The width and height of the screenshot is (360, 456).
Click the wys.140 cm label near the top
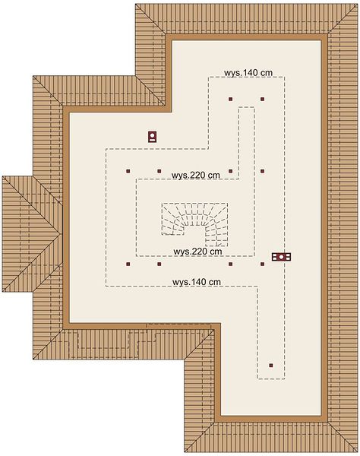pos(248,72)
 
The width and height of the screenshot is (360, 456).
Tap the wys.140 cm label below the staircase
pos(197,282)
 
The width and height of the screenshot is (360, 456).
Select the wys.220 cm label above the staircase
pos(195,176)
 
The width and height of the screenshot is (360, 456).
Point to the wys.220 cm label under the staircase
pos(197,252)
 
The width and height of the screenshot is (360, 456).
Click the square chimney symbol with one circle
pos(152,136)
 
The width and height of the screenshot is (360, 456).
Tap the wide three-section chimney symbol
pos(281,257)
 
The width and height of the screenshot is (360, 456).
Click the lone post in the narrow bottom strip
pos(271,366)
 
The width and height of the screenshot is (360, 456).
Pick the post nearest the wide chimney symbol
pos(262,264)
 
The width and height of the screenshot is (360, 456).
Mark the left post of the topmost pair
pos(230,99)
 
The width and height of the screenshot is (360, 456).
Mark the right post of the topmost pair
pos(262,99)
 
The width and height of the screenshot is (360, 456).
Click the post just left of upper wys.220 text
pos(159,171)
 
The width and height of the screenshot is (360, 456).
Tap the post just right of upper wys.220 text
pos(230,171)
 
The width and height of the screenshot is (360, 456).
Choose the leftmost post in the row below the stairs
pos(128,264)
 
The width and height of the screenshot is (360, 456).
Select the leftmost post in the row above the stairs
pos(128,171)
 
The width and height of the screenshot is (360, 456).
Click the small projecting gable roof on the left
pos(32,233)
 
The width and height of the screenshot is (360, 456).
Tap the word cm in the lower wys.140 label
pos(214,283)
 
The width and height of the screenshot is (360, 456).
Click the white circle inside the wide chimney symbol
pos(281,257)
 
